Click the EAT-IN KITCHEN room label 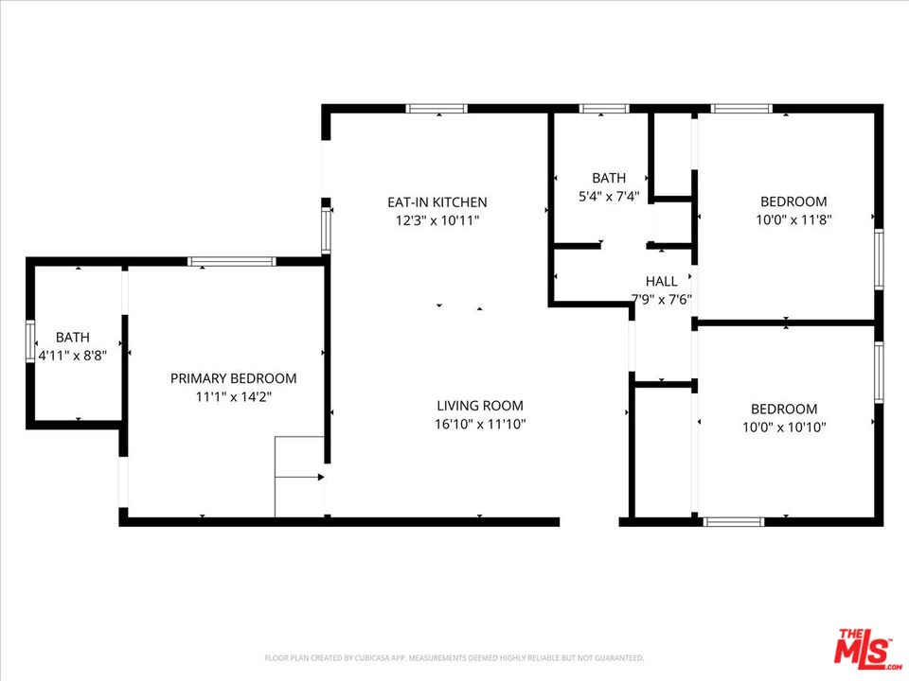click(437, 201)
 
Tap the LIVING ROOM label click(479, 406)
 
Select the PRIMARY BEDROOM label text click(233, 378)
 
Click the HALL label click(661, 281)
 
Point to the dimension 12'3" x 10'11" click(437, 220)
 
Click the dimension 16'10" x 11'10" click(479, 425)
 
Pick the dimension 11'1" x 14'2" click(233, 397)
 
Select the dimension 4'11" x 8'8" click(72, 356)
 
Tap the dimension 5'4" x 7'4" click(609, 197)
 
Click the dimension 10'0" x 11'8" click(793, 220)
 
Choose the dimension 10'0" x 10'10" click(783, 428)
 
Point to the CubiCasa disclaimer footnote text click(454, 657)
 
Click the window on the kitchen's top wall click(437, 109)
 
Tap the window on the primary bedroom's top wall click(231, 261)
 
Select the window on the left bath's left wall click(30, 341)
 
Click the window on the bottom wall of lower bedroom click(734, 520)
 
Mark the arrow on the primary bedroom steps click(301, 477)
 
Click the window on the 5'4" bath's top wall click(604, 109)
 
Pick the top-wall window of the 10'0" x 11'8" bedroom click(741, 109)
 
